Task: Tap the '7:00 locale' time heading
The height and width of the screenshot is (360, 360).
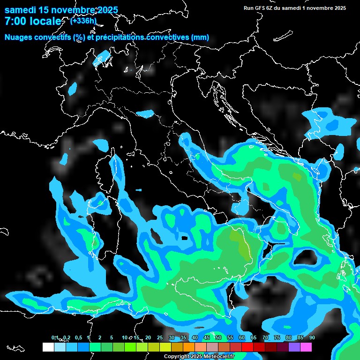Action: pos(33,21)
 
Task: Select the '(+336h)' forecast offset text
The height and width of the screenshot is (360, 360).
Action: pos(83,21)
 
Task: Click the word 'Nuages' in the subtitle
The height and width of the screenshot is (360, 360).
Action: pos(18,37)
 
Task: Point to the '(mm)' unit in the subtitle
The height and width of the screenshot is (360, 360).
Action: pos(200,37)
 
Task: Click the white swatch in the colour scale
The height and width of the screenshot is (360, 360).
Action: pos(48,347)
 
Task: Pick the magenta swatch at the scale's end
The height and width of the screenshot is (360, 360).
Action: pos(306,347)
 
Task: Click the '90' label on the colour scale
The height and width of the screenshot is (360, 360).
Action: pos(312,337)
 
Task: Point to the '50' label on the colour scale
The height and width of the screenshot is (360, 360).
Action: pos(218,337)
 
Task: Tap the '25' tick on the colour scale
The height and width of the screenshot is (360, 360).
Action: pos(160,337)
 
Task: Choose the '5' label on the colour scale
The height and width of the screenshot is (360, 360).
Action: pos(112,337)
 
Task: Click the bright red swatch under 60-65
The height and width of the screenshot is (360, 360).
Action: pos(247,347)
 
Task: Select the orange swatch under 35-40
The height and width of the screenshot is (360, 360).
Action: pos(188,347)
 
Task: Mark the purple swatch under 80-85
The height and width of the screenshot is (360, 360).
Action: pos(294,347)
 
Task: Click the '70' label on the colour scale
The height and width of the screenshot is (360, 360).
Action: pos(265,337)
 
